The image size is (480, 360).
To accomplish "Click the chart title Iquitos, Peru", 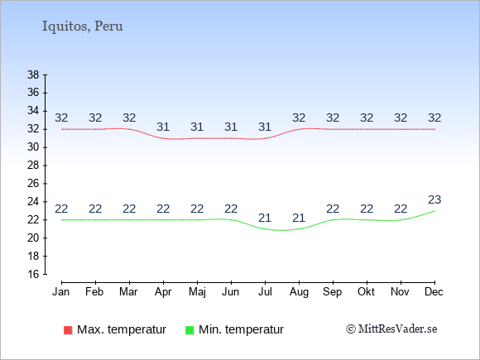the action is pyautogui.click(x=83, y=26).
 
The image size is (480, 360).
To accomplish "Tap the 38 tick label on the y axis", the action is pyautogui.click(x=33, y=74).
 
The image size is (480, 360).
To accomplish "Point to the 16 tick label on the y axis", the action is pyautogui.click(x=33, y=274).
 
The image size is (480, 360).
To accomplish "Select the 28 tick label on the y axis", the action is pyautogui.click(x=33, y=166).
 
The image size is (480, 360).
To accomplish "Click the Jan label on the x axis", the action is pyautogui.click(x=61, y=292).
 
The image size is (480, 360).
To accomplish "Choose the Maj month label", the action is pyautogui.click(x=197, y=292).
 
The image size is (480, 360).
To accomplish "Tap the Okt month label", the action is pyautogui.click(x=366, y=292).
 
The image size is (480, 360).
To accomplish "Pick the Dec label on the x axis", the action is pyautogui.click(x=434, y=292).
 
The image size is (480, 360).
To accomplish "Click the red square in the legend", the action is pyautogui.click(x=68, y=330).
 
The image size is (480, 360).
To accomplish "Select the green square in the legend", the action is pyautogui.click(x=190, y=330).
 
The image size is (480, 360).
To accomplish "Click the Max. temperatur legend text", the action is pyautogui.click(x=122, y=329).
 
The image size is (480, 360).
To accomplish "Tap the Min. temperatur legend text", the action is pyautogui.click(x=241, y=329).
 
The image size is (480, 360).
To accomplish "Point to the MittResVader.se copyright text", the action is pyautogui.click(x=391, y=329).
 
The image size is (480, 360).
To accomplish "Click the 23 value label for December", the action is pyautogui.click(x=434, y=200).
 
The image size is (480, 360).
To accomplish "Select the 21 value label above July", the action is pyautogui.click(x=265, y=218).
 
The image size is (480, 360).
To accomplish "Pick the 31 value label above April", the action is pyautogui.click(x=163, y=127).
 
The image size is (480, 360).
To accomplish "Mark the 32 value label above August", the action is pyautogui.click(x=299, y=118).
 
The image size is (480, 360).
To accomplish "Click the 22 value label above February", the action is pyautogui.click(x=95, y=209).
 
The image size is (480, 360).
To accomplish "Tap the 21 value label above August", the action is pyautogui.click(x=299, y=218).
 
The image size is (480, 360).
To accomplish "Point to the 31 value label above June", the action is pyautogui.click(x=231, y=127).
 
